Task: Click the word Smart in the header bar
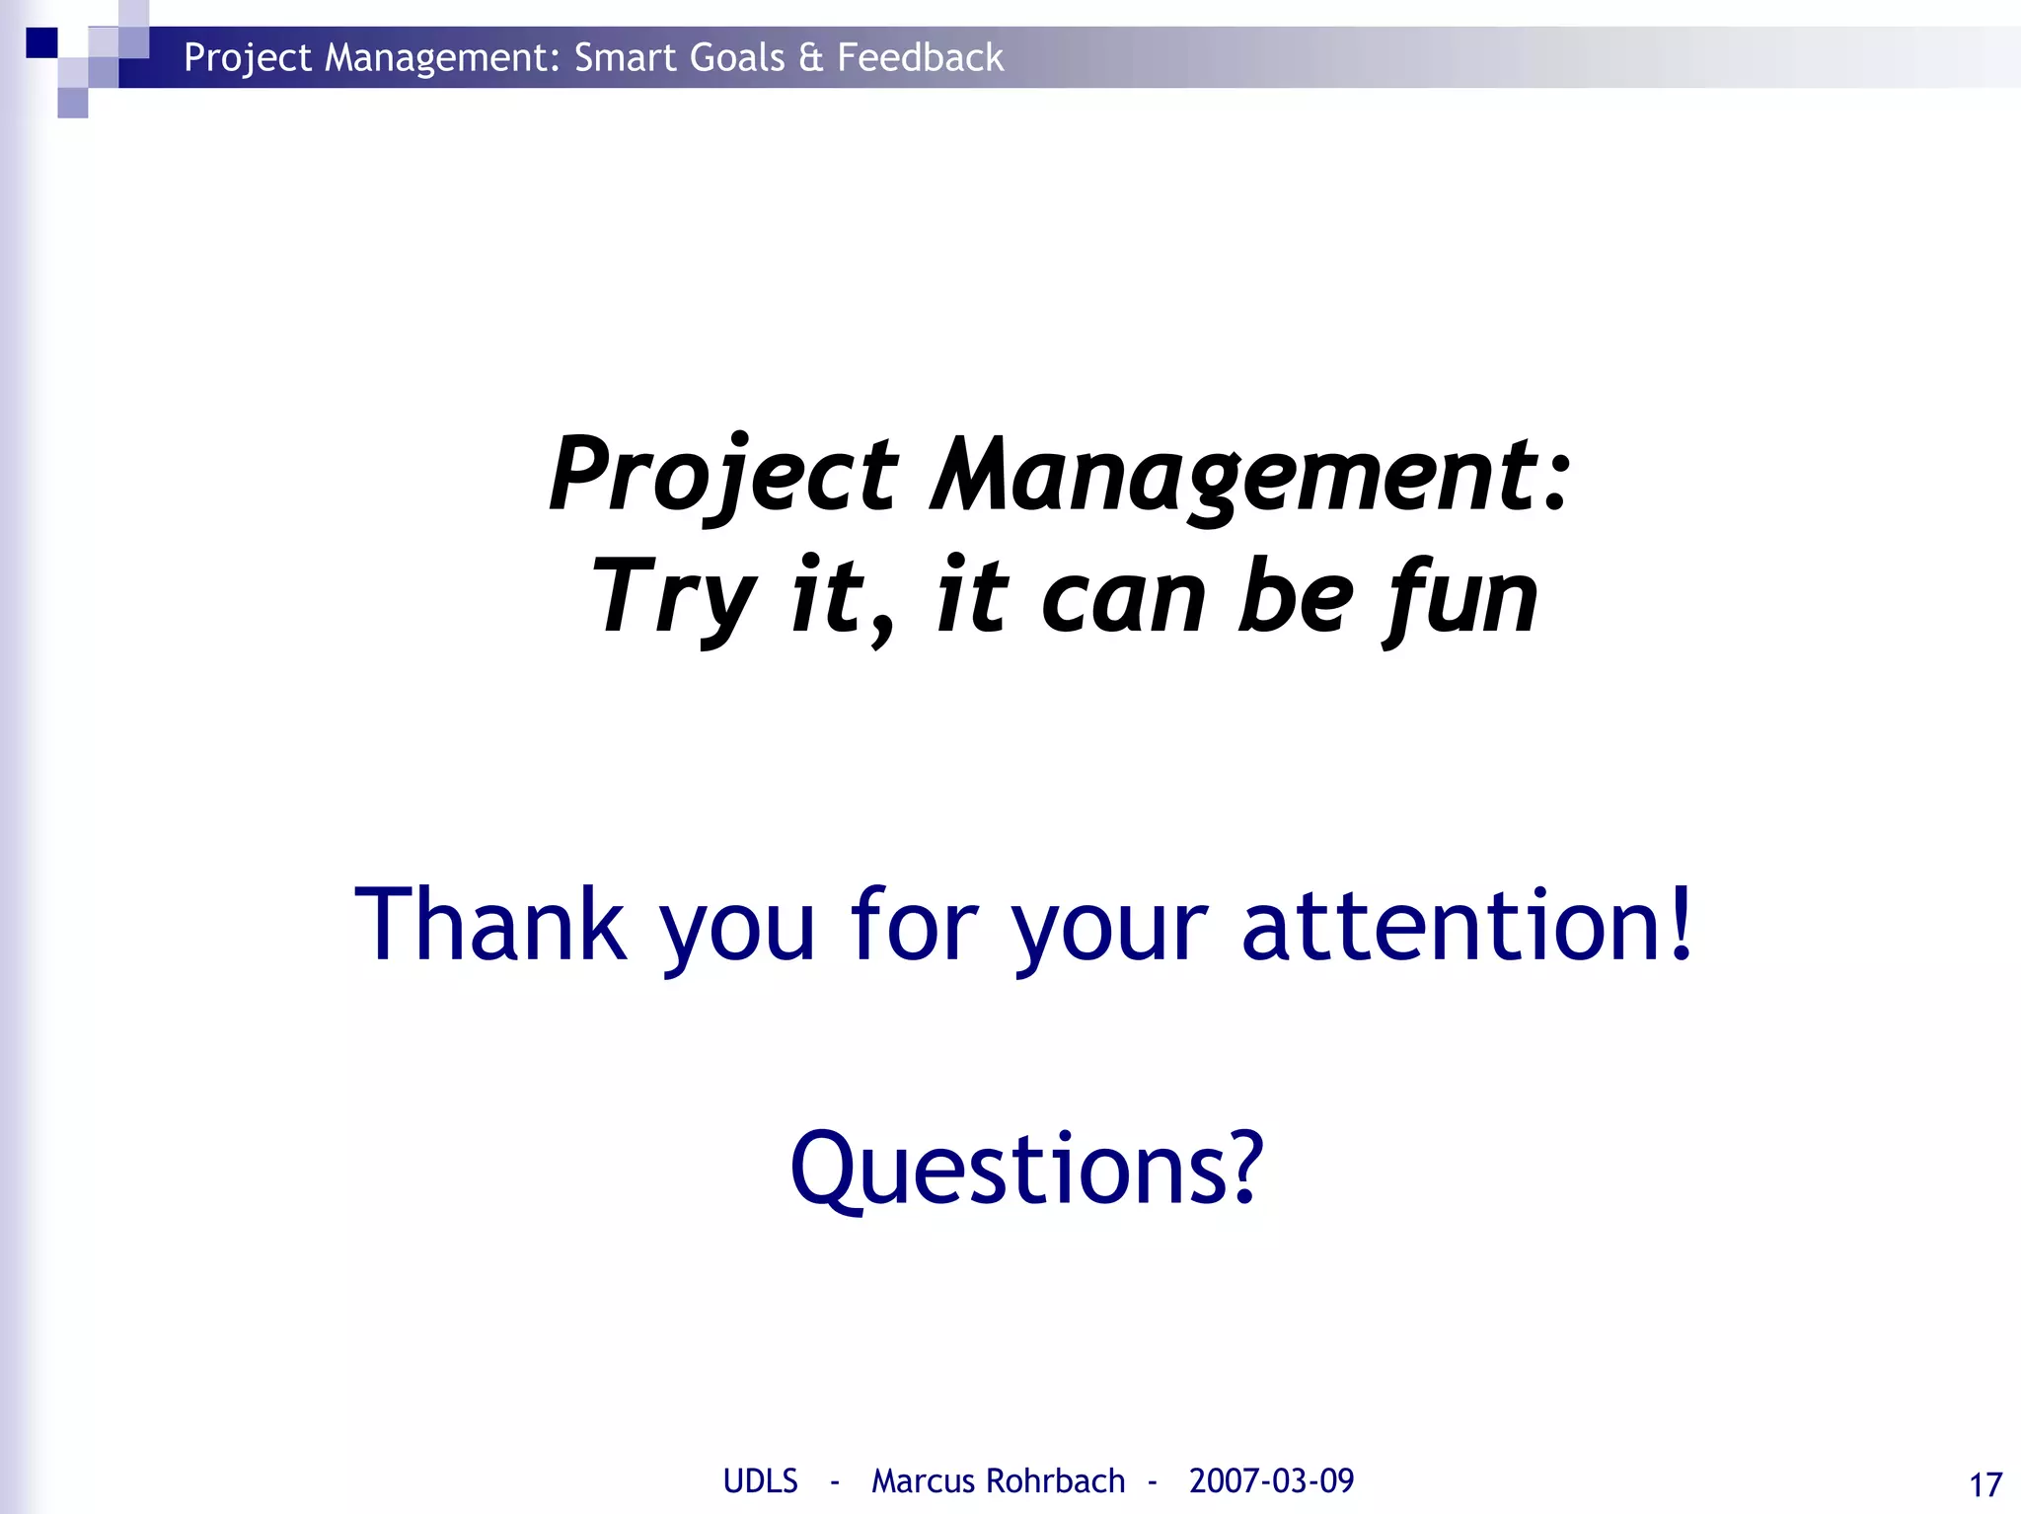point(626,58)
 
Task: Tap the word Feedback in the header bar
point(920,58)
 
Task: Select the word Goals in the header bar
point(737,58)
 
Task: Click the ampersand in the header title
point(811,58)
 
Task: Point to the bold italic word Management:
point(1249,476)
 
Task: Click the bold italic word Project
point(723,476)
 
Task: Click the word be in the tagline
point(1296,598)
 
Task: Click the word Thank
point(490,925)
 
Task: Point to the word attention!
point(1467,925)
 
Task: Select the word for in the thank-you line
point(914,925)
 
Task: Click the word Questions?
point(1026,1170)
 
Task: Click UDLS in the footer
point(760,1480)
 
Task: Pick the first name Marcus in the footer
point(923,1480)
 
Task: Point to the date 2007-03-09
point(1271,1480)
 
